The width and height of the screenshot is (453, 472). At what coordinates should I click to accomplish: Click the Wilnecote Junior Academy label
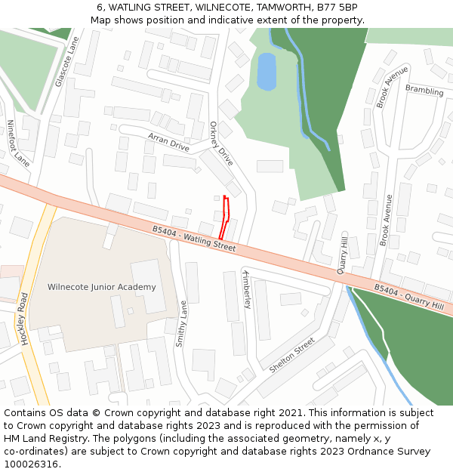[x=101, y=287]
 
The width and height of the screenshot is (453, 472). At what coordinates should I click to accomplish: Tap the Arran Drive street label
[x=168, y=141]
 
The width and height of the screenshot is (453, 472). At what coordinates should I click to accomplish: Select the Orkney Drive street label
[x=221, y=143]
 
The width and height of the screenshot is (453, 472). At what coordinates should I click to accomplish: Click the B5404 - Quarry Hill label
[x=408, y=297]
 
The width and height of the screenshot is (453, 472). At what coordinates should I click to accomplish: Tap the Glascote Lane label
[x=67, y=61]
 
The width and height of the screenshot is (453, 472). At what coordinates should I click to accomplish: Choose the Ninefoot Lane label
[x=18, y=143]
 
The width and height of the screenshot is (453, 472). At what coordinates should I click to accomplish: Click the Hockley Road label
[x=24, y=318]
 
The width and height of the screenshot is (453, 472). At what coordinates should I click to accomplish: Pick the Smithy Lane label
[x=180, y=324]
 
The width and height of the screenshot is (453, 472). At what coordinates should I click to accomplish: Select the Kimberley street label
[x=246, y=288]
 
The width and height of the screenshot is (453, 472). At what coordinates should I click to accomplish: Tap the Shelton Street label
[x=291, y=355]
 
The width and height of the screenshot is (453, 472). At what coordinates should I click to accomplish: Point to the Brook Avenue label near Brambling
[x=392, y=86]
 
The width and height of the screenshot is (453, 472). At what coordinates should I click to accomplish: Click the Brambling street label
[x=424, y=91]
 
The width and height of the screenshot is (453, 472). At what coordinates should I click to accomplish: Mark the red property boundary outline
[x=225, y=218]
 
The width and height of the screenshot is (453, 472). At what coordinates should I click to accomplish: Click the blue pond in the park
[x=267, y=72]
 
